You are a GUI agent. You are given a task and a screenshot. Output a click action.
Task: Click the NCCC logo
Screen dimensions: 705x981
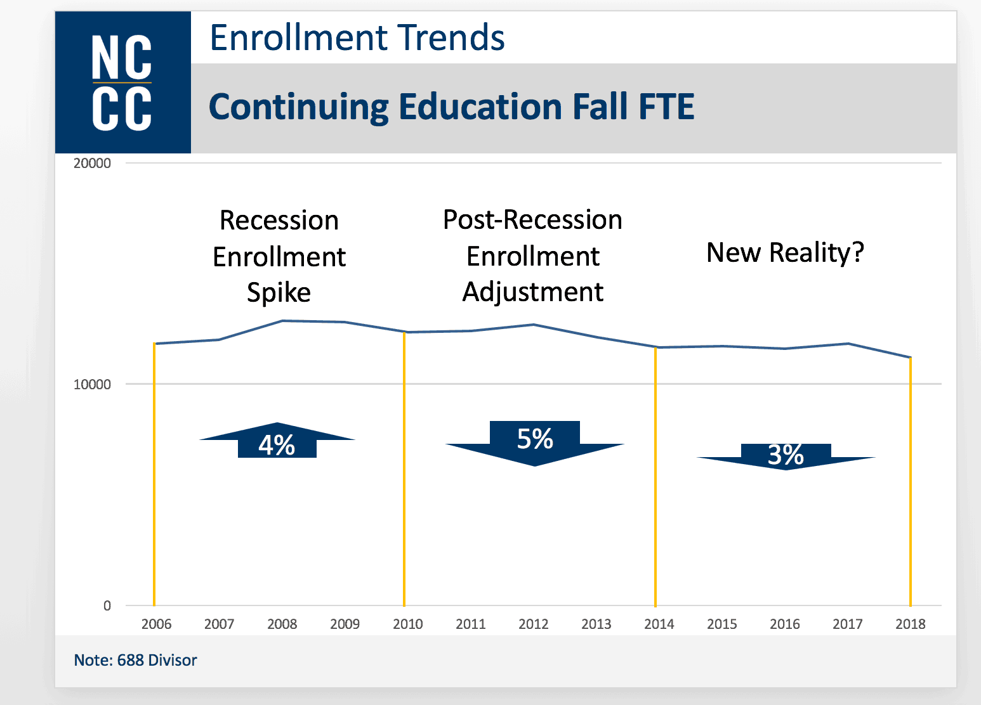(x=122, y=82)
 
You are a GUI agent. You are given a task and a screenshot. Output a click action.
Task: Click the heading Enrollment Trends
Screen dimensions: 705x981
(x=357, y=37)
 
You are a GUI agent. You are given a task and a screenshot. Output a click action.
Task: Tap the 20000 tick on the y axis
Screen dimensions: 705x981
(x=92, y=163)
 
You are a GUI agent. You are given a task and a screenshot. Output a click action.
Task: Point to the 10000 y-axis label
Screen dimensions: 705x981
(x=92, y=384)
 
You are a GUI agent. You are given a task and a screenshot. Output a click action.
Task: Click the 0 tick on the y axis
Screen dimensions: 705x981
(x=107, y=605)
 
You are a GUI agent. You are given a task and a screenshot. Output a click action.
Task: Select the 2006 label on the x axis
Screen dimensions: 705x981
(x=156, y=624)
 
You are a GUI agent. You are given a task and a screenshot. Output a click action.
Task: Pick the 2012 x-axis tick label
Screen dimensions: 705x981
(x=533, y=624)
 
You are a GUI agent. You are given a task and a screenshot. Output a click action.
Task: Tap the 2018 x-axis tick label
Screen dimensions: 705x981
(x=910, y=624)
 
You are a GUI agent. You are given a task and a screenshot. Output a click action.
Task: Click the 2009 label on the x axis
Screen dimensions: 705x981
(x=345, y=624)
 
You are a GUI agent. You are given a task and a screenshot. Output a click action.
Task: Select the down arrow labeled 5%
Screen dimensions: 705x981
(x=534, y=443)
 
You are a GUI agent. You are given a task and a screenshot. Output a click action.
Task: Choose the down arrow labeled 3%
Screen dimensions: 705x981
(x=786, y=456)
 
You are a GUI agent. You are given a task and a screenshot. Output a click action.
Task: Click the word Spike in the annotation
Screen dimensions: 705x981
(x=279, y=293)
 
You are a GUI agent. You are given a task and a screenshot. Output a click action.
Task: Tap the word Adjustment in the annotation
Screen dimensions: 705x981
(x=532, y=292)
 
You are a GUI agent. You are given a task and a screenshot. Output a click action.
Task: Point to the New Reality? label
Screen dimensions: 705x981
(x=785, y=252)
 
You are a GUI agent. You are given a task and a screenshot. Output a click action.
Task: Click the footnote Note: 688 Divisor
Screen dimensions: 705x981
(x=135, y=660)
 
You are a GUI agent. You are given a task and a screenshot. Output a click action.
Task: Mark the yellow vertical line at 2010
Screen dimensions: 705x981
(x=404, y=469)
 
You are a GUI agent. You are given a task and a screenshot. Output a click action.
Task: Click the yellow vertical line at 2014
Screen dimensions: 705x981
(x=655, y=475)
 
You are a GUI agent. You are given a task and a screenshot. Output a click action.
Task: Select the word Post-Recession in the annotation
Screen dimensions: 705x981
(x=532, y=220)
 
